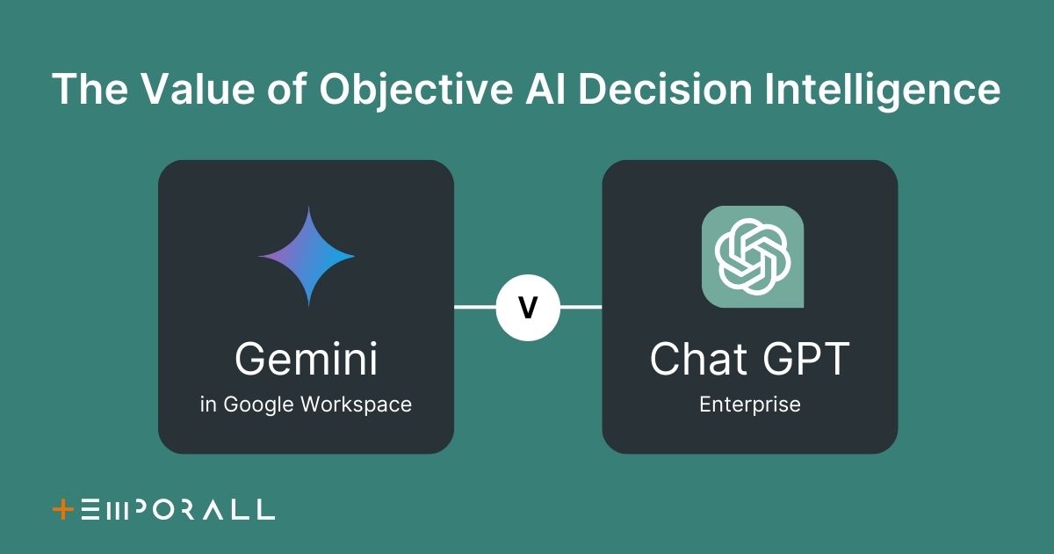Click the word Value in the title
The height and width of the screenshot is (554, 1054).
(x=200, y=89)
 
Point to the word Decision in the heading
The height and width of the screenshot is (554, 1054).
(x=665, y=89)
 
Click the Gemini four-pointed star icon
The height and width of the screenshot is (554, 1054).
(x=307, y=256)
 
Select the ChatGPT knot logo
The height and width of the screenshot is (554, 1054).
(x=753, y=257)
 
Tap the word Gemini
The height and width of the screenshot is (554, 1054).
(x=307, y=359)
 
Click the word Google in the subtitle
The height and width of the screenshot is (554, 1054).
(x=258, y=405)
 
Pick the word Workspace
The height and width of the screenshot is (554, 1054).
(x=357, y=405)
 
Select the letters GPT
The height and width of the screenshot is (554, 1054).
(x=806, y=359)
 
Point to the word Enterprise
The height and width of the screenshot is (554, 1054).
(x=750, y=405)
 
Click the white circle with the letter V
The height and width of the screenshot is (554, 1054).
(x=528, y=308)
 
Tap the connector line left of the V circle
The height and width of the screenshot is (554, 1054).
(x=475, y=307)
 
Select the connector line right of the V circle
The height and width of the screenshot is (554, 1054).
(x=581, y=307)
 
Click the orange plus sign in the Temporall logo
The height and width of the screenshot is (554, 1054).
(x=63, y=510)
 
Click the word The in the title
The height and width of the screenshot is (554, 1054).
(x=90, y=89)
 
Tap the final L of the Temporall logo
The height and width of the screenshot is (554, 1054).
(x=265, y=509)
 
